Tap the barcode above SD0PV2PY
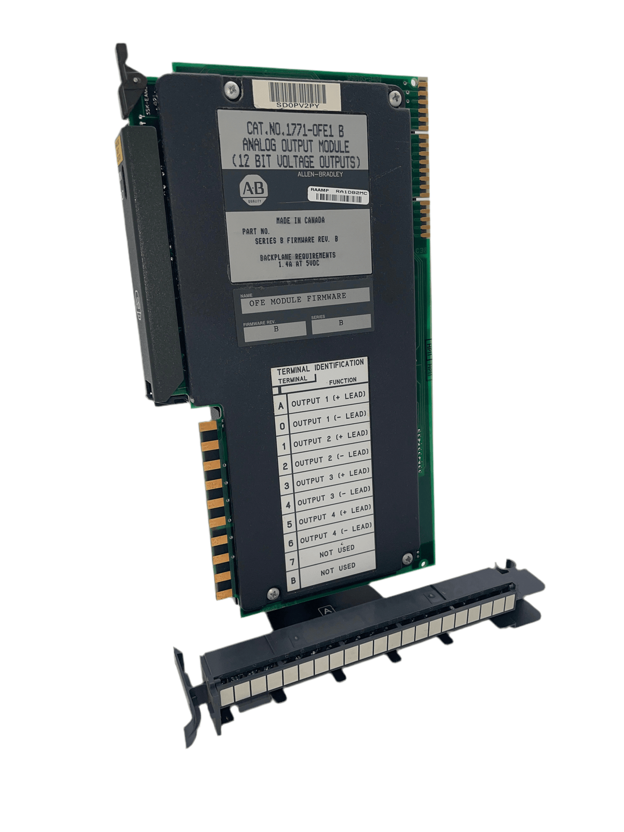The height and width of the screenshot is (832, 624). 297,94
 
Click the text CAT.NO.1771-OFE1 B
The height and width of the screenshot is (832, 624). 295,129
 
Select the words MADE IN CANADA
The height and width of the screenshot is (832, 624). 300,220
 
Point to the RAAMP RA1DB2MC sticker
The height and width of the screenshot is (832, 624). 339,194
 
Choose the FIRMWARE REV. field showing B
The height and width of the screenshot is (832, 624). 275,329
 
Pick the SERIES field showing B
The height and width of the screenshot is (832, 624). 341,323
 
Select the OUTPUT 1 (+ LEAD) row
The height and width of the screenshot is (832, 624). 328,399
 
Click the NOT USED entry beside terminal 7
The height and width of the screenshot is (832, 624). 337,551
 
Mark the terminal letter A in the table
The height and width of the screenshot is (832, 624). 281,406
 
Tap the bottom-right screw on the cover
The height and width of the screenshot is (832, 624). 408,559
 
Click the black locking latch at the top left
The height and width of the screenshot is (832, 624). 126,77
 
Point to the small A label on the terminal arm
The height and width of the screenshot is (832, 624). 327,611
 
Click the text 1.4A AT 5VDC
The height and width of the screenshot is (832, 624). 299,264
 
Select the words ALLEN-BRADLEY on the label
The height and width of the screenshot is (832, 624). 320,174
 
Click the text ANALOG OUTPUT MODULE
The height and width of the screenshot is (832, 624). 296,145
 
